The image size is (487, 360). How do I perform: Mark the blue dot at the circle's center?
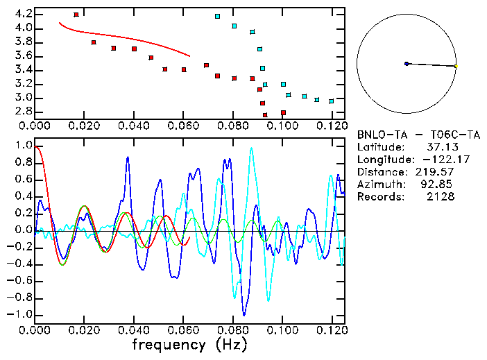tap(407, 64)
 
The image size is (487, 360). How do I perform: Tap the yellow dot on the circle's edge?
tap(456, 66)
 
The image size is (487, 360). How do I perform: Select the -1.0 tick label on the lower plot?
tap(21, 314)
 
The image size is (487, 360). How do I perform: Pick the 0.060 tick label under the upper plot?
tap(183, 126)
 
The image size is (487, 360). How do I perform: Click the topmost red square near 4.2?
tap(76, 14)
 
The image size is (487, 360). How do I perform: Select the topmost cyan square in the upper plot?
tap(217, 16)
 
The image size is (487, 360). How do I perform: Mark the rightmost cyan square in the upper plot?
tap(331, 101)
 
